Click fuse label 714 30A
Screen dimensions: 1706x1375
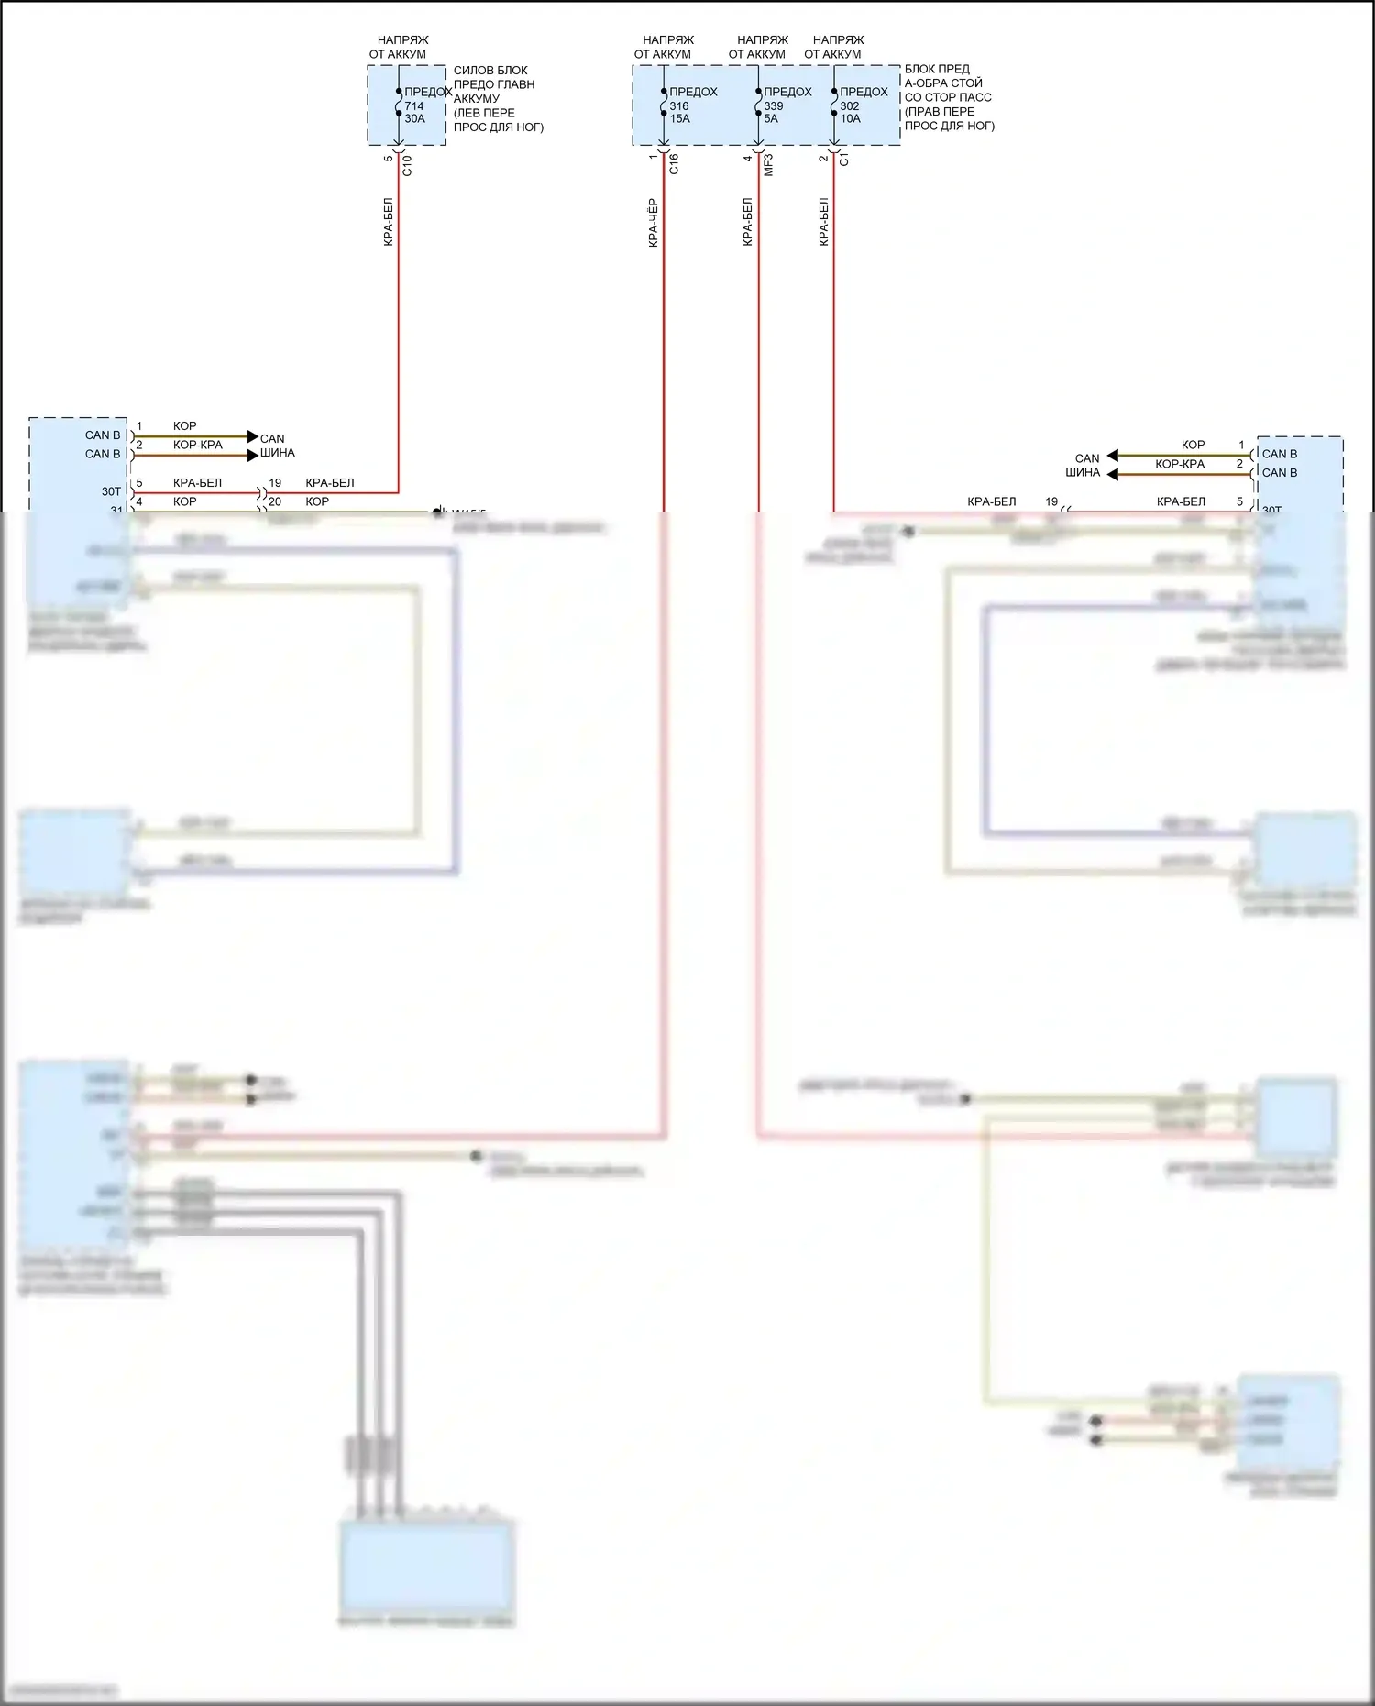(414, 112)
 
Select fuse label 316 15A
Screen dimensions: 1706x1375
(679, 112)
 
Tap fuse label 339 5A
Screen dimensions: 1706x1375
(773, 112)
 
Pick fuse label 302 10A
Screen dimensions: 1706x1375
(851, 112)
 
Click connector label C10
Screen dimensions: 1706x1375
(407, 165)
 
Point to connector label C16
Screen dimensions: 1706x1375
(674, 164)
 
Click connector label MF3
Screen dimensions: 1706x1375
(768, 165)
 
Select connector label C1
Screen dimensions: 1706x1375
(844, 159)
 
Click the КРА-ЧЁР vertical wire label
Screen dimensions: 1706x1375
(653, 223)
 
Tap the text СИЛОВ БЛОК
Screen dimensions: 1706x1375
(490, 71)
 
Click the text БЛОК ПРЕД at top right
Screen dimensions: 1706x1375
(937, 69)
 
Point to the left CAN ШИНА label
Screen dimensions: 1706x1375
(277, 446)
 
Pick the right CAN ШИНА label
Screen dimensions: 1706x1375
(1084, 466)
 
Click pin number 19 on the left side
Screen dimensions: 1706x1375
(275, 482)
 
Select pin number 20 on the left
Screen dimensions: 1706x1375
(275, 501)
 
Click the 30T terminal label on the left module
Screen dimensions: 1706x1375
(111, 491)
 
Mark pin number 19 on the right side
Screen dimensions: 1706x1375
(1051, 501)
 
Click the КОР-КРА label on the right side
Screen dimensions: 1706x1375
(1180, 464)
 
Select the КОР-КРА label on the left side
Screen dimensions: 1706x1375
(198, 445)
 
